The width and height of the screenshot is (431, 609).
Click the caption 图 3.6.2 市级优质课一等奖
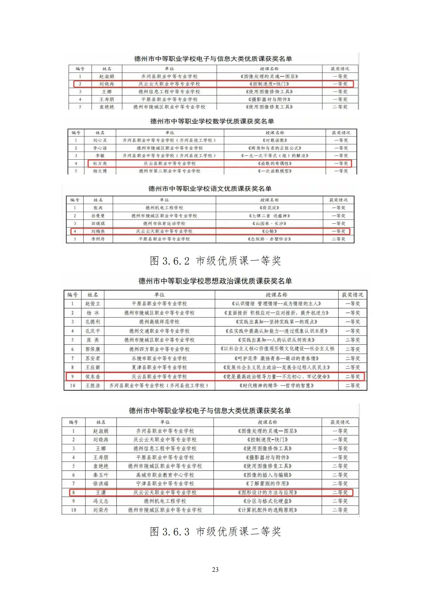pyautogui.click(x=215, y=261)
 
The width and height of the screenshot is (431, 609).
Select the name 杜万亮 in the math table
pyautogui.click(x=100, y=164)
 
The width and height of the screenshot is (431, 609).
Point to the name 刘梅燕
pyautogui.click(x=98, y=231)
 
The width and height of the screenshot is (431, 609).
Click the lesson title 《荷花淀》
pyautogui.click(x=269, y=208)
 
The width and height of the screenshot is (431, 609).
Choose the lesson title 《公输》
pyautogui.click(x=269, y=231)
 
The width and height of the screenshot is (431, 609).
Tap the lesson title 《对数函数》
pyautogui.click(x=275, y=140)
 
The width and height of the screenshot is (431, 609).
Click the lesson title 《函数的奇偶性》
pyautogui.click(x=275, y=164)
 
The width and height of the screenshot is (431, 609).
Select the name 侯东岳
pyautogui.click(x=93, y=376)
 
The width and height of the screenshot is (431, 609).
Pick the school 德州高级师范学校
pyautogui.click(x=159, y=322)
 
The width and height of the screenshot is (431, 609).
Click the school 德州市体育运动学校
pyautogui.click(x=164, y=223)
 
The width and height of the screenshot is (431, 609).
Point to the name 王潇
pyautogui.click(x=101, y=493)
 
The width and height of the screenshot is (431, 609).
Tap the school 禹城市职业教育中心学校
pyautogui.click(x=165, y=475)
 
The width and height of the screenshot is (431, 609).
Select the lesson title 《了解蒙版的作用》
pyautogui.click(x=267, y=484)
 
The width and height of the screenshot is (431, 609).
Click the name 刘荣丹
pyautogui.click(x=101, y=510)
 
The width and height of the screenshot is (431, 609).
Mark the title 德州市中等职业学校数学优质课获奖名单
pyautogui.click(x=212, y=122)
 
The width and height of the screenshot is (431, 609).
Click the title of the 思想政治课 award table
pyautogui.click(x=215, y=281)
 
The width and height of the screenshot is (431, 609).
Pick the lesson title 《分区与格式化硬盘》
pyautogui.click(x=267, y=501)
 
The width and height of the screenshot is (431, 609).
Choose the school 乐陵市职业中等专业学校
pyautogui.click(x=159, y=358)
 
